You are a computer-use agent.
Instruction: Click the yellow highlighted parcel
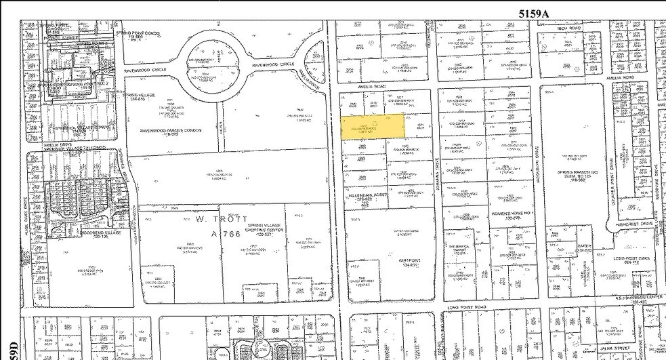(x=372, y=126)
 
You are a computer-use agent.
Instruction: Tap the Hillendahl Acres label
(x=365, y=195)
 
